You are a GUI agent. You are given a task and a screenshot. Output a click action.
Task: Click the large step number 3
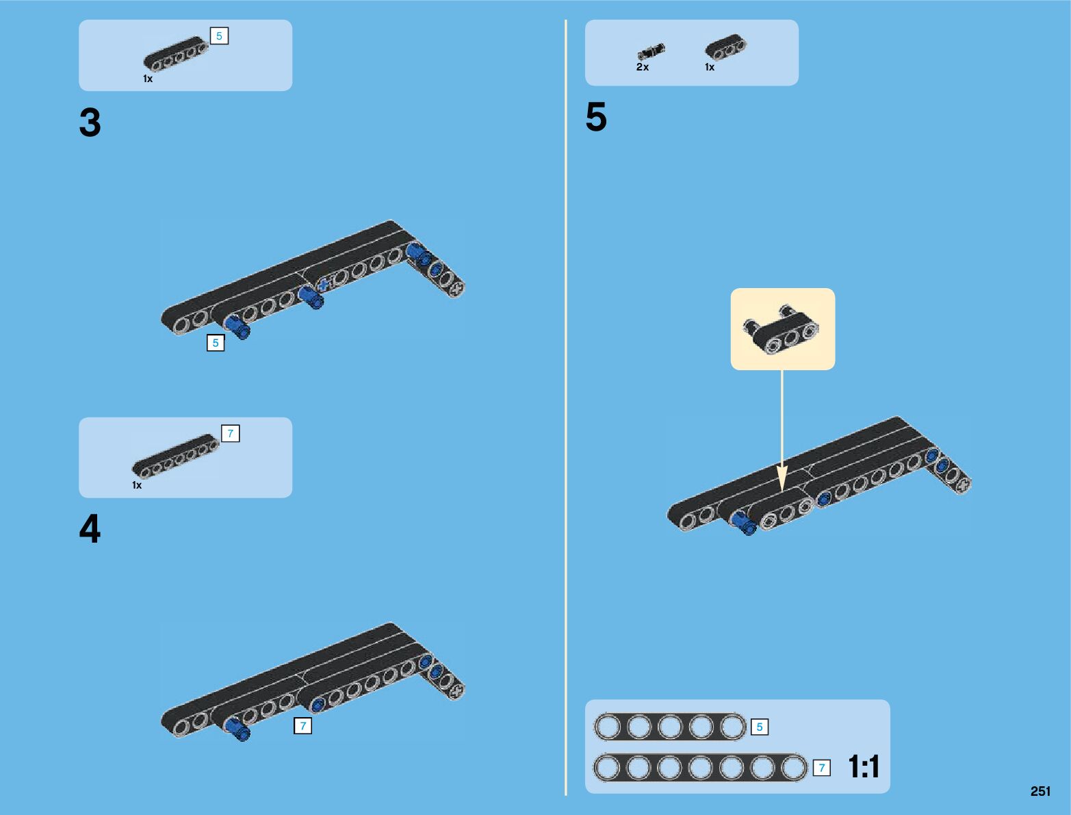[90, 124]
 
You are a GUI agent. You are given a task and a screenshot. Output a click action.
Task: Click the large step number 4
[90, 529]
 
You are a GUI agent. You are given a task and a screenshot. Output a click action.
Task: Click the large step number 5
[596, 117]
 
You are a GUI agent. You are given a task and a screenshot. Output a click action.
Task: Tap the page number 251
[1040, 791]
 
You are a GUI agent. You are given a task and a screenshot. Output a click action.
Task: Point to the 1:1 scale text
[864, 766]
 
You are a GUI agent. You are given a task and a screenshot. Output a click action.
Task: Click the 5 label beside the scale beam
[759, 727]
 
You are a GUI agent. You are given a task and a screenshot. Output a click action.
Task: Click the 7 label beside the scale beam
[822, 768]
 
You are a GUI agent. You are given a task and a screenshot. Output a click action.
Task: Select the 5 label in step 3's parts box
[219, 36]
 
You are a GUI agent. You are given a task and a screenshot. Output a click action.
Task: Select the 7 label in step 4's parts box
[231, 433]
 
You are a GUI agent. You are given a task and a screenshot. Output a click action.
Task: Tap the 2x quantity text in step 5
[643, 67]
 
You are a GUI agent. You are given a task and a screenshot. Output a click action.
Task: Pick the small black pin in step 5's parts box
[651, 51]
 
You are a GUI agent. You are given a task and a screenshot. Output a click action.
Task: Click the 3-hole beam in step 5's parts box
[726, 47]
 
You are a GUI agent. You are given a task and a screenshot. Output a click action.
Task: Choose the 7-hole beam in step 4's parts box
[175, 456]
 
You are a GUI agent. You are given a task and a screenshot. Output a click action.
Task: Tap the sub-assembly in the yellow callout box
[782, 329]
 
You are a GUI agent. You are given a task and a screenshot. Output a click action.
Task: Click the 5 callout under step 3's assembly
[216, 343]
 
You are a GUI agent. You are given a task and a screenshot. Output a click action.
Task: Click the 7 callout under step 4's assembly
[302, 725]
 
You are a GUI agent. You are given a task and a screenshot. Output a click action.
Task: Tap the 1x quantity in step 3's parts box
[148, 79]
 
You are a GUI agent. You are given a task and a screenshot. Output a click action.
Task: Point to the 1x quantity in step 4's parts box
[137, 485]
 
